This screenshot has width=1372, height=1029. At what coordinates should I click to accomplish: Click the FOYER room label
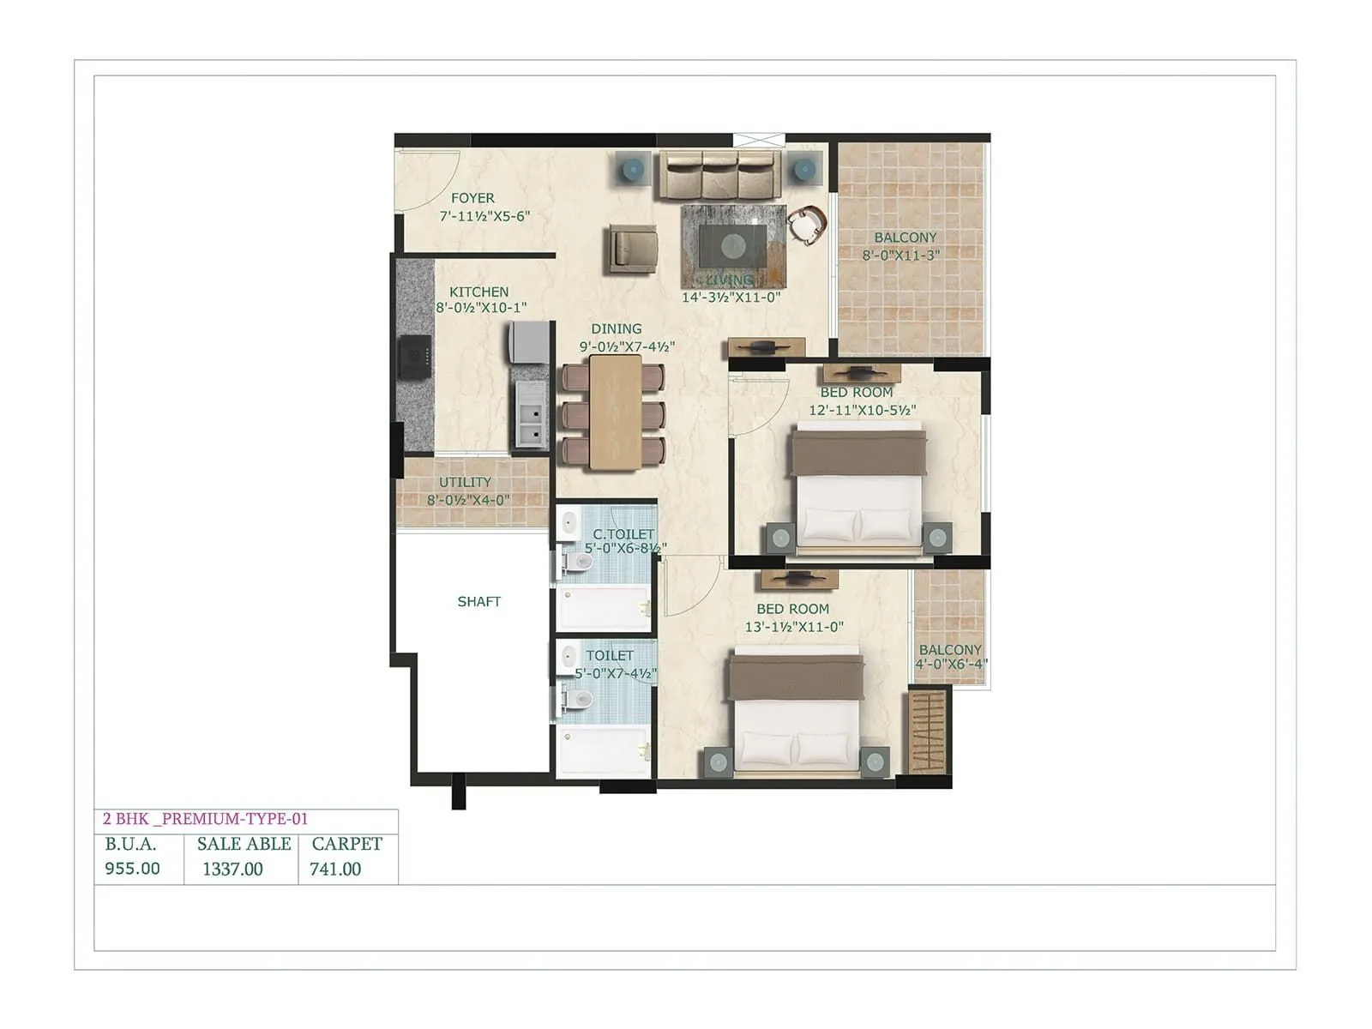pyautogui.click(x=472, y=198)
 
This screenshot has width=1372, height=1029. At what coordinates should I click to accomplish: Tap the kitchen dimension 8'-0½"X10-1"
pyautogui.click(x=481, y=308)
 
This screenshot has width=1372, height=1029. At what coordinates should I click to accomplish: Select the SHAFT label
pyautogui.click(x=478, y=602)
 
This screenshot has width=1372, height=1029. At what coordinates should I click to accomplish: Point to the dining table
pyautogui.click(x=615, y=412)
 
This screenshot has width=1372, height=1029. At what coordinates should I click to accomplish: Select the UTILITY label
pyautogui.click(x=466, y=483)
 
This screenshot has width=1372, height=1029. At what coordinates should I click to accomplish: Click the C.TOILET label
pyautogui.click(x=623, y=534)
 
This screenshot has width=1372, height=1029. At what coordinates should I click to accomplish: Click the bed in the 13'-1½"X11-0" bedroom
pyautogui.click(x=796, y=712)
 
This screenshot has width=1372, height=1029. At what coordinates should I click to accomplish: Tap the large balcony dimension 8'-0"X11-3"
pyautogui.click(x=901, y=256)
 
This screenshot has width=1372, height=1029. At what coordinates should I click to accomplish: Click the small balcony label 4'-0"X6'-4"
pyautogui.click(x=951, y=664)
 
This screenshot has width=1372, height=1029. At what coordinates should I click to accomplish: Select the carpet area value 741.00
pyautogui.click(x=335, y=870)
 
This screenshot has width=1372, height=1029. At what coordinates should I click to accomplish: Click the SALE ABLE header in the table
pyautogui.click(x=244, y=844)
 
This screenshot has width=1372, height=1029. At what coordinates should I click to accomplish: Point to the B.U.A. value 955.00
pyautogui.click(x=132, y=869)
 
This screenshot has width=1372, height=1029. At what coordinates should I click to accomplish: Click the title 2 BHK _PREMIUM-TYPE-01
pyautogui.click(x=205, y=819)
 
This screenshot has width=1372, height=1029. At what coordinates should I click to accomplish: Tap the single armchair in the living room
pyautogui.click(x=633, y=248)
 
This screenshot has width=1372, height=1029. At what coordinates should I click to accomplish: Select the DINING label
pyautogui.click(x=616, y=329)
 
